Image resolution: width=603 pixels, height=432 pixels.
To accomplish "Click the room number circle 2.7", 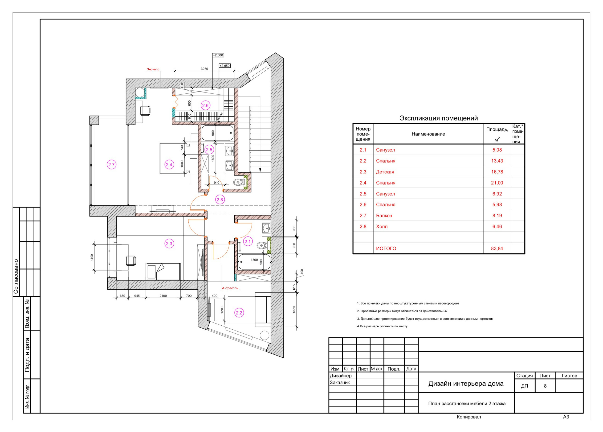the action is (111, 165).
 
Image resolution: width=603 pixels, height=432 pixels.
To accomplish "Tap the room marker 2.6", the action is (205, 105).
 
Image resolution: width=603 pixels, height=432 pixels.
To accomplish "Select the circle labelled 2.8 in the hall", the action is (220, 200).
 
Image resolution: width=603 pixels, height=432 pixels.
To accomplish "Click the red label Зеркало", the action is (153, 69).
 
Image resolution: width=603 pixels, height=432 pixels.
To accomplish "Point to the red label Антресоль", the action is (230, 288).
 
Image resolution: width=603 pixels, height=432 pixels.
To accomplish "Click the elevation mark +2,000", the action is (218, 55).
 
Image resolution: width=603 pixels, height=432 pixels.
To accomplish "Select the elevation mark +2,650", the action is (225, 66).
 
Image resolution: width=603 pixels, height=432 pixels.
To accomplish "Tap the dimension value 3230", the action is (204, 69).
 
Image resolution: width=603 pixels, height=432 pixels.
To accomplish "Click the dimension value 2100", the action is (163, 296).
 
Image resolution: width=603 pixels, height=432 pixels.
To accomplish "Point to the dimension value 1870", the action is (294, 310).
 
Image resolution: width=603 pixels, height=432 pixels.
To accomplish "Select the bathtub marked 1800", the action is (254, 262).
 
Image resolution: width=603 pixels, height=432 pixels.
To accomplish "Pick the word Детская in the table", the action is (385, 172).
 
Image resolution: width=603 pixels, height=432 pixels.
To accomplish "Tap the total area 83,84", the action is (497, 248).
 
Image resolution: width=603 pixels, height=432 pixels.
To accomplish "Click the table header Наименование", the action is (428, 134).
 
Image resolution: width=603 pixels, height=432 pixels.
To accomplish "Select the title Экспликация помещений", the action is (439, 118).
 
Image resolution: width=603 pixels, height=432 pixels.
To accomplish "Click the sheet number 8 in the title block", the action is (545, 386).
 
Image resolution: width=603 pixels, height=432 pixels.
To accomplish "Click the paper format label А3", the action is (566, 417).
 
